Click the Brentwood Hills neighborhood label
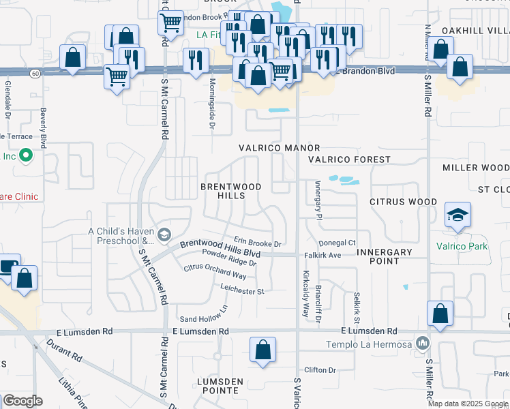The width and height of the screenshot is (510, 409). tap(222, 191)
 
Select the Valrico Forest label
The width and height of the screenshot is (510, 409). tap(348, 160)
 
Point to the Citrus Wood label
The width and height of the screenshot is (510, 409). tap(403, 202)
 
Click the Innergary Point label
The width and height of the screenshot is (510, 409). tap(385, 256)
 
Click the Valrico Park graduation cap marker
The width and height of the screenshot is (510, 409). tap(457, 216)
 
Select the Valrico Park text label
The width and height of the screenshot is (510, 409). tap(462, 246)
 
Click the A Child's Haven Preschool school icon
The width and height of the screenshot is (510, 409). tap(164, 236)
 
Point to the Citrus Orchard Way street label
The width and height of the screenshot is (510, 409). tap(215, 271)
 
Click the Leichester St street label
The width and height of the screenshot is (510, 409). tap(241, 291)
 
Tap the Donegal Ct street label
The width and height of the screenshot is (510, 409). tap(337, 243)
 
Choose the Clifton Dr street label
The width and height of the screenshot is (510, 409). tap(321, 370)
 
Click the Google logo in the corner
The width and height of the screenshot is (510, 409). tap(22, 401)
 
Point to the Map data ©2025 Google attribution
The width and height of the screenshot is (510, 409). tap(468, 404)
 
